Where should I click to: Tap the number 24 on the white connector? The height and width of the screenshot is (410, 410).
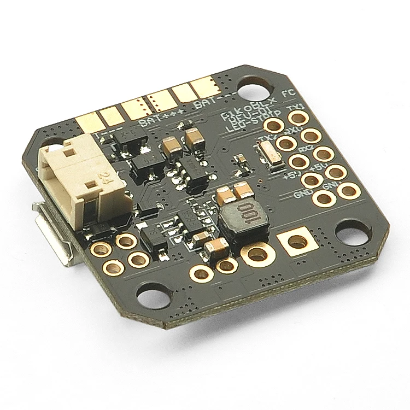103,176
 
